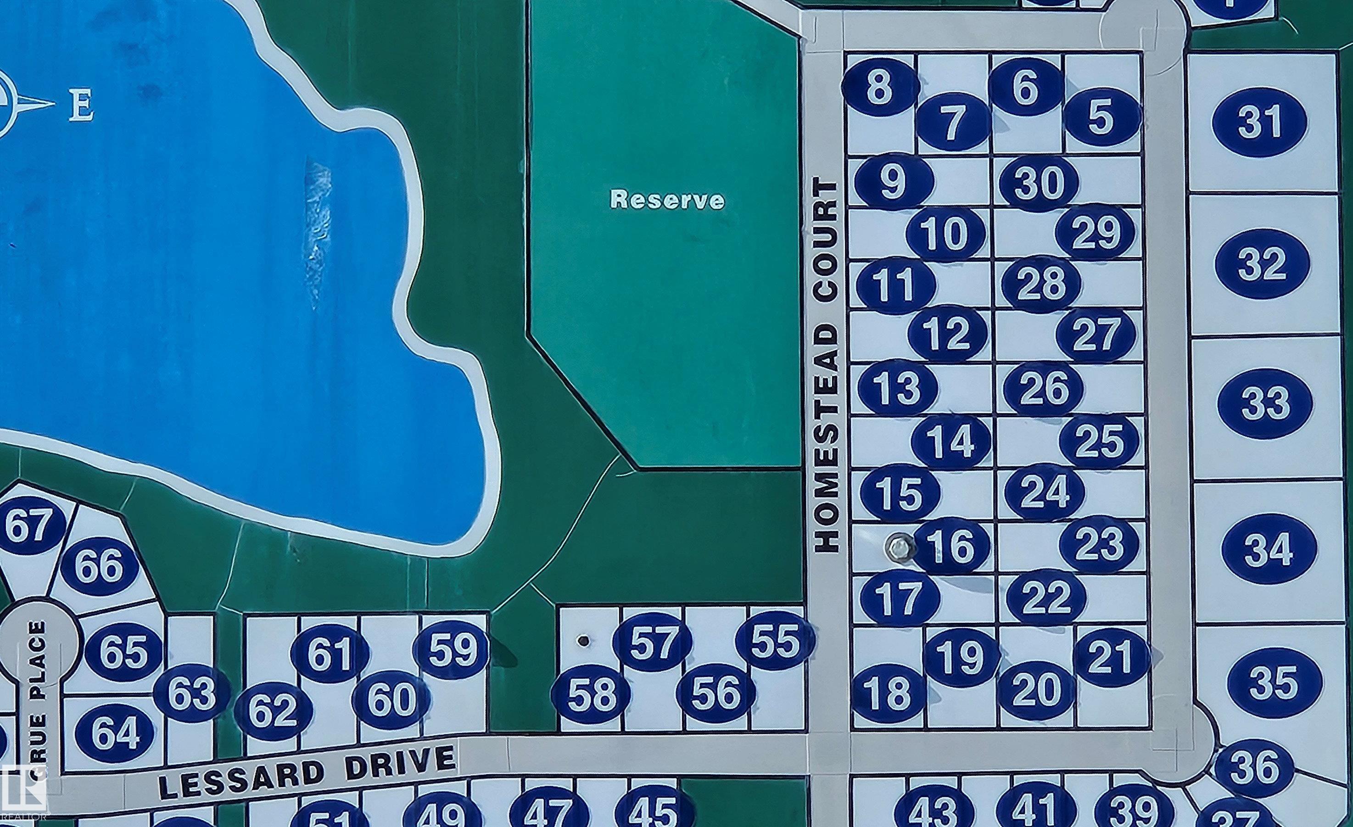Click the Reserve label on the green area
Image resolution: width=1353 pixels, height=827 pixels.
click(x=667, y=200)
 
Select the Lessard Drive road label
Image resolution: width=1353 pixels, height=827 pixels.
click(x=307, y=771)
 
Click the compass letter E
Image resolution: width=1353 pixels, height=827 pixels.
click(x=81, y=106)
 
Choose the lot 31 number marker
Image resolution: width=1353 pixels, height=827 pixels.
click(x=1259, y=122)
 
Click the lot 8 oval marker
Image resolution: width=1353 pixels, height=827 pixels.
click(x=880, y=86)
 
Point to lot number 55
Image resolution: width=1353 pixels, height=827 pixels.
click(x=775, y=641)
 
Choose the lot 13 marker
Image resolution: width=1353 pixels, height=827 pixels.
click(x=897, y=387)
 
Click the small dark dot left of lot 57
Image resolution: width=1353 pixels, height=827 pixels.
click(x=584, y=640)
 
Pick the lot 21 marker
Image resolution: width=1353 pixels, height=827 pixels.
click(x=1110, y=656)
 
